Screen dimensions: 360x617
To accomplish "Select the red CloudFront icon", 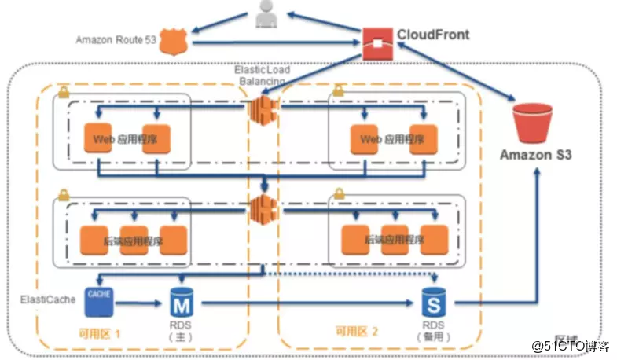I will click(x=377, y=40).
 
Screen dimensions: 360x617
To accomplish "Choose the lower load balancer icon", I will click(x=262, y=210).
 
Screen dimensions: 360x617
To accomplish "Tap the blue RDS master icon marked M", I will click(x=181, y=303).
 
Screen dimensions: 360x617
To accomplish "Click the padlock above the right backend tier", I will click(x=339, y=193).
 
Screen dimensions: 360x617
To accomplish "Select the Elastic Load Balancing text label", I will click(x=262, y=75).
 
